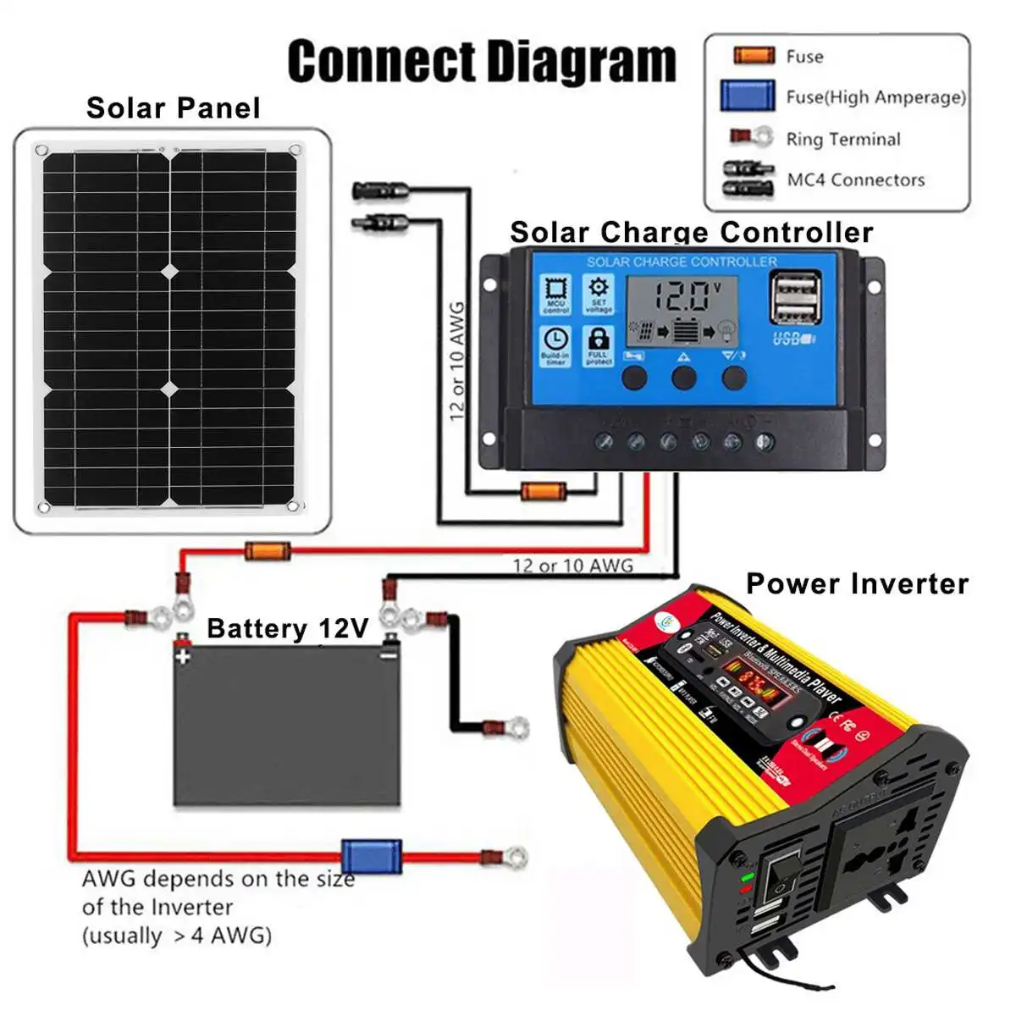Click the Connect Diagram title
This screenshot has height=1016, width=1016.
tap(482, 61)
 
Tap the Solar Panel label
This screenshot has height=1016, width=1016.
tap(173, 108)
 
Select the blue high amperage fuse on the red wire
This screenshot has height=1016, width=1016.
tap(371, 857)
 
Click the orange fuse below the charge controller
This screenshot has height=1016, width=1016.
tap(543, 491)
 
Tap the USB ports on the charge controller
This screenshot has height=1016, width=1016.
tap(795, 297)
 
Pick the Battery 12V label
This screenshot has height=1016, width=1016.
tap(288, 628)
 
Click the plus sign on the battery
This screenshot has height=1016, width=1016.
tap(182, 656)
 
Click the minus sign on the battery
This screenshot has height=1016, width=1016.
tap(389, 654)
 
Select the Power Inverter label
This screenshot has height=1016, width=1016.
tap(857, 584)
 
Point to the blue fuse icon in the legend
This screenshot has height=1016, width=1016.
tap(748, 97)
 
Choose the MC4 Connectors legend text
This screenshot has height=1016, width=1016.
tap(855, 179)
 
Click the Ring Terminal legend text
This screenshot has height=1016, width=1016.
tap(842, 139)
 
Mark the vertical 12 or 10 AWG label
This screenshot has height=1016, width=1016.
tap(457, 362)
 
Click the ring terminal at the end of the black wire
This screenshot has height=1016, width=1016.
tap(512, 726)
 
